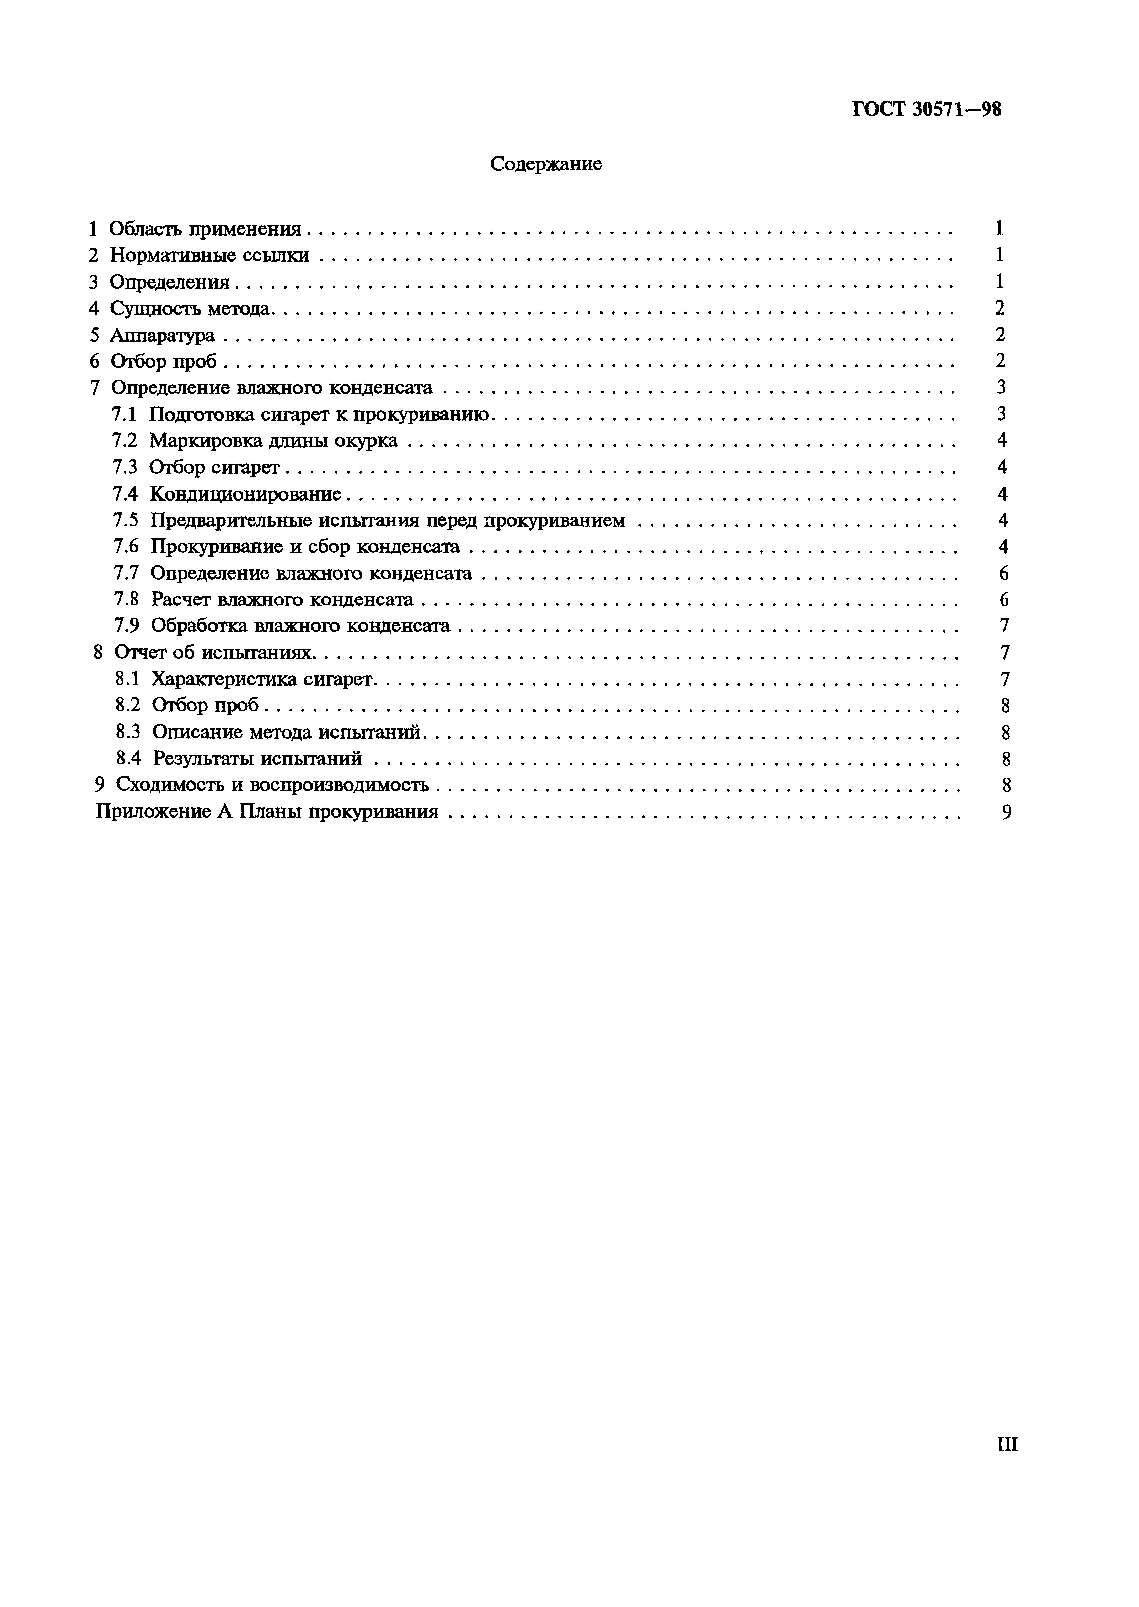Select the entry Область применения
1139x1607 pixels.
click(x=205, y=229)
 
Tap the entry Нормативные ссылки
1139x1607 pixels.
click(x=209, y=255)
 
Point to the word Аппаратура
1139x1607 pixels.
click(x=162, y=335)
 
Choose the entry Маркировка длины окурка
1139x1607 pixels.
click(x=273, y=440)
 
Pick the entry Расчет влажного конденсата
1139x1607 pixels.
click(x=282, y=600)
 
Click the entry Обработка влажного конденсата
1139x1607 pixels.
click(x=300, y=626)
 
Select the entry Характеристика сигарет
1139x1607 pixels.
click(x=264, y=679)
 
